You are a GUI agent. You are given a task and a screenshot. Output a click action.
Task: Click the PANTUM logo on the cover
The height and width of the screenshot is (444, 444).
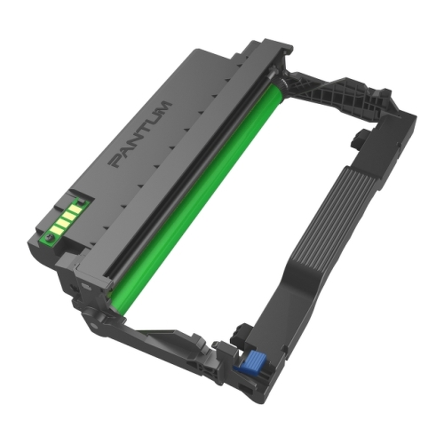pyautogui.click(x=141, y=135)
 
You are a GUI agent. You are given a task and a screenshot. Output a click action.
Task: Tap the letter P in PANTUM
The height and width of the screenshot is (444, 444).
pyautogui.click(x=117, y=161)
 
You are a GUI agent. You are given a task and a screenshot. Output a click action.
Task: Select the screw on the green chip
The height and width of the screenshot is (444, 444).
pyautogui.click(x=49, y=236)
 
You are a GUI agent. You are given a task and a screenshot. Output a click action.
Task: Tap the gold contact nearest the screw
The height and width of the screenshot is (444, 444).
pyautogui.click(x=56, y=229)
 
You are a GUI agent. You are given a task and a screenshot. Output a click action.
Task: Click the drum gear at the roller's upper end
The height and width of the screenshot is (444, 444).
pyautogui.click(x=283, y=83)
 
